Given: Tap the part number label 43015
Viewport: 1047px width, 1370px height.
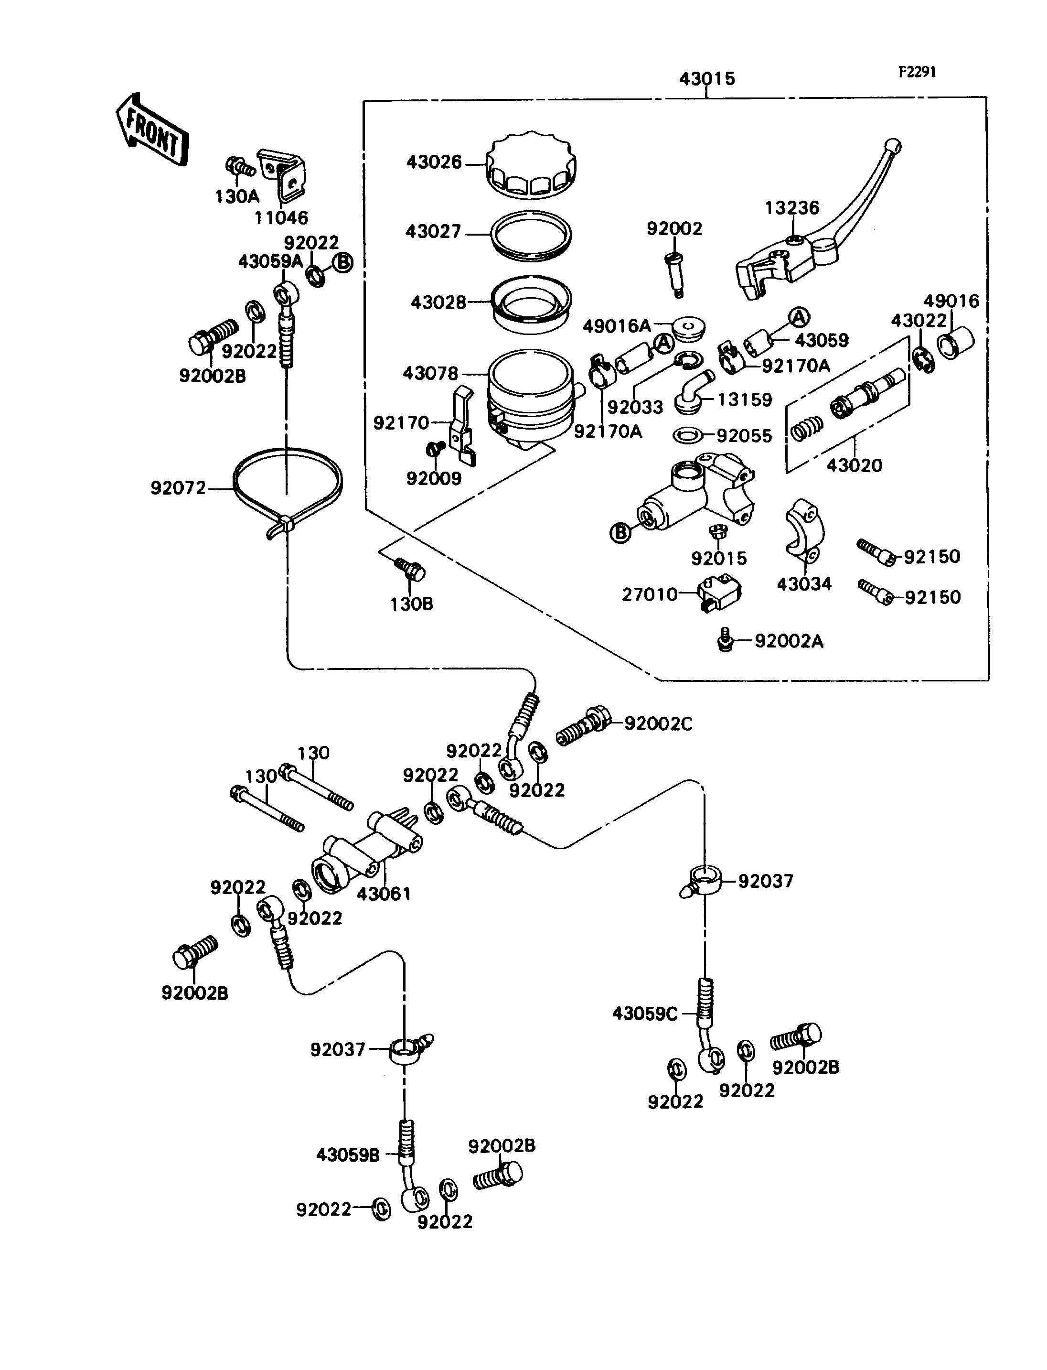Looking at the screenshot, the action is coord(707,78).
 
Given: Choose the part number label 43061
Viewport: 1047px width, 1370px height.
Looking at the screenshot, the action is coord(384,894).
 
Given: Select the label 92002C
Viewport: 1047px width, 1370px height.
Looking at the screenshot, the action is coord(658,724).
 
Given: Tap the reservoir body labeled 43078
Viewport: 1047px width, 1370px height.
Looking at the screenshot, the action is coord(531,397).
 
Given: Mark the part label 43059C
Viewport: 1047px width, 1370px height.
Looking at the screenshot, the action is coord(644,1014).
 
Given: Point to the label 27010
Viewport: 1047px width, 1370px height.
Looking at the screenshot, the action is coord(650,594).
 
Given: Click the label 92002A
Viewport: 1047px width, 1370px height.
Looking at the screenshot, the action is coord(789,641).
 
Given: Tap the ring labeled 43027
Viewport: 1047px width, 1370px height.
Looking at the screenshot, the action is coord(531,235).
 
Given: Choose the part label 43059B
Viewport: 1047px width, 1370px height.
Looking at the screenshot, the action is coord(348,1155).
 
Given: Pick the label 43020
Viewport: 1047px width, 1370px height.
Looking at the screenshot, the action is coord(855,465).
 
